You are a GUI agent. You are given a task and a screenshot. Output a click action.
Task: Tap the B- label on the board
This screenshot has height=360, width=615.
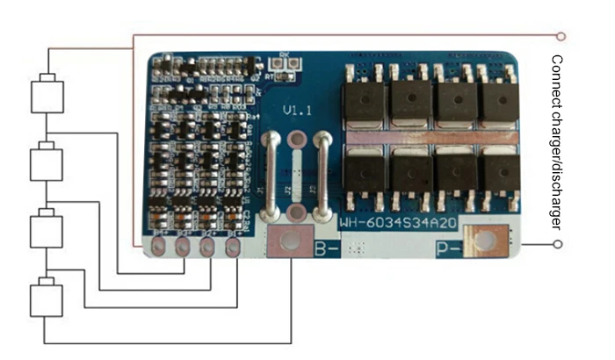point(328,248)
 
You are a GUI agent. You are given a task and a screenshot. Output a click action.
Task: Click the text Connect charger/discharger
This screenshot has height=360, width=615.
point(555,143)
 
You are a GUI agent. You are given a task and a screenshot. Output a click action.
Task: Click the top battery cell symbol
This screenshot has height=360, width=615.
point(47,95)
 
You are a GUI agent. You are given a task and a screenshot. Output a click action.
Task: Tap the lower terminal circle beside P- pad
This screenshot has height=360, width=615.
point(557,244)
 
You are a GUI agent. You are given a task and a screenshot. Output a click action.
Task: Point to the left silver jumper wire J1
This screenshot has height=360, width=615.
point(273,176)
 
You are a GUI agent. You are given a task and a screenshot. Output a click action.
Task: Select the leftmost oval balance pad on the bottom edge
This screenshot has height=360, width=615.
point(159,249)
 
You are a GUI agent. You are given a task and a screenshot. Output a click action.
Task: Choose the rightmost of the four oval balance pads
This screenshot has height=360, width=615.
point(233,248)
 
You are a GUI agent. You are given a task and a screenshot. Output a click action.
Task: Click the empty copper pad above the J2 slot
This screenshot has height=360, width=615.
point(298,140)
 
